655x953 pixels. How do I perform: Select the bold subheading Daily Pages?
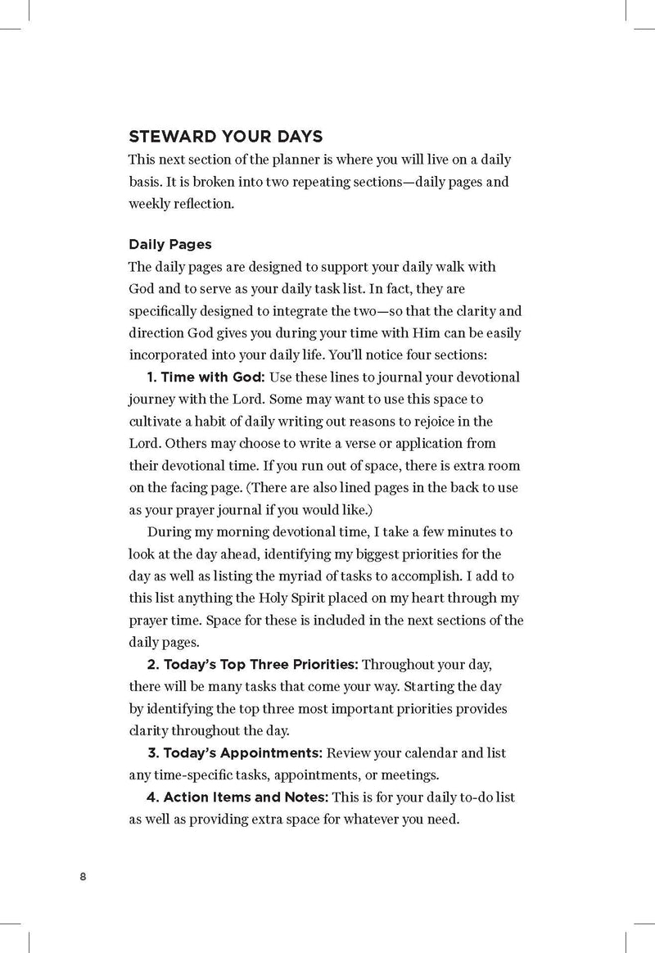click(x=170, y=244)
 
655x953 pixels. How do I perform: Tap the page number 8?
click(x=83, y=877)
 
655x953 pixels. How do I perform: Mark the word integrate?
click(x=282, y=310)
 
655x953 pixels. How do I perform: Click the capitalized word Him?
click(x=446, y=332)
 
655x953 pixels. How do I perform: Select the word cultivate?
click(x=156, y=422)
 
